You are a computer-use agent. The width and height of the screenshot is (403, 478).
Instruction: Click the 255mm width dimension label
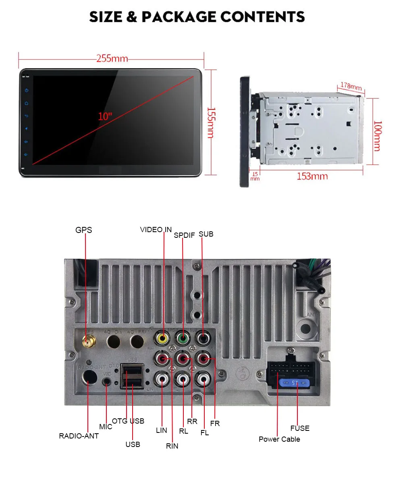(x=112, y=59)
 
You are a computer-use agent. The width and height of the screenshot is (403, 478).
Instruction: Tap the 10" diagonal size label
(x=105, y=117)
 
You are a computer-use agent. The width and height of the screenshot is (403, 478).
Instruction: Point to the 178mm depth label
(x=351, y=86)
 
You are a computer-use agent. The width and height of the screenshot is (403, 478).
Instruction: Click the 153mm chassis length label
(x=312, y=176)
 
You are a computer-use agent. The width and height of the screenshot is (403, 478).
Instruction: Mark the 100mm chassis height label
(x=377, y=136)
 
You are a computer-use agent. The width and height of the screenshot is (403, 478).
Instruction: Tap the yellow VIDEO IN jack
(x=163, y=338)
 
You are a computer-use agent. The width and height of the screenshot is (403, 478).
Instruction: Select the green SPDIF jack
(x=183, y=338)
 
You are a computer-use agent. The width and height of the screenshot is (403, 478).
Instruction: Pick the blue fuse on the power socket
(x=296, y=383)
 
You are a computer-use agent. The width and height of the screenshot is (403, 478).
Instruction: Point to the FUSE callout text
(x=300, y=428)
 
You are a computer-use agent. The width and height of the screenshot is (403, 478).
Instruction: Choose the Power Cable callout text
(x=279, y=439)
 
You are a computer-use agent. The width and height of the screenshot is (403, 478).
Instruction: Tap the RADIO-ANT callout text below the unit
(x=79, y=436)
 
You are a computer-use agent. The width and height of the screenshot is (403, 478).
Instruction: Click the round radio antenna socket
(x=89, y=378)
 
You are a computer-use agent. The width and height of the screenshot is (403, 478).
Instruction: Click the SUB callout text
(x=206, y=234)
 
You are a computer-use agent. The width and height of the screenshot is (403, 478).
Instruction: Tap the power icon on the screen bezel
(x=27, y=91)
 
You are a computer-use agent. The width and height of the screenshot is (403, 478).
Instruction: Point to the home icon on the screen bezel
(x=27, y=104)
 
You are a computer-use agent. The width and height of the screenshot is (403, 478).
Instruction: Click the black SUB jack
(x=203, y=338)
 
